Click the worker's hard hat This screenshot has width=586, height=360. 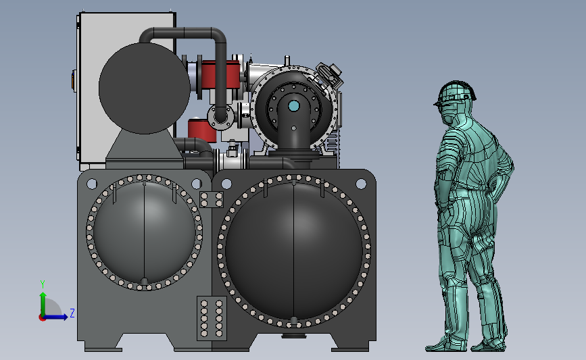[x=455, y=93]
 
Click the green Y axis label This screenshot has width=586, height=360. [x=43, y=284]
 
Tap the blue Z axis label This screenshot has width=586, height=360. [x=72, y=313]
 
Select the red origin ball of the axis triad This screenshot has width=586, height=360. [x=42, y=318]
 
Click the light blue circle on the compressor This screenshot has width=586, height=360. [x=294, y=107]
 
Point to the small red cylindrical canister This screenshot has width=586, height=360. [x=202, y=130]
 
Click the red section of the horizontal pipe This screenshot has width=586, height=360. [x=221, y=75]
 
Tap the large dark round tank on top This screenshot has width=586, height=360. [x=144, y=88]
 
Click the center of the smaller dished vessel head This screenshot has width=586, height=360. [x=144, y=232]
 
